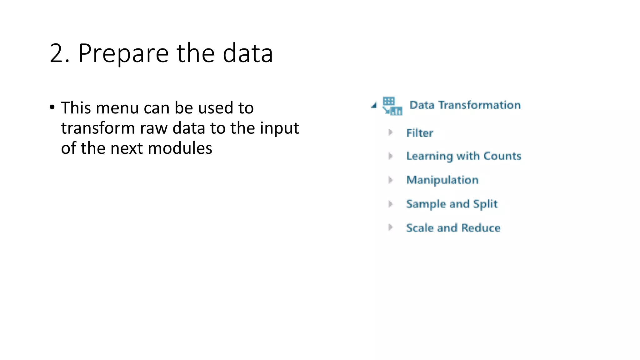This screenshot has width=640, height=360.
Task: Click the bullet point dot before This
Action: [52, 107]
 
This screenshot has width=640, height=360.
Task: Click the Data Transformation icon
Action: [392, 106]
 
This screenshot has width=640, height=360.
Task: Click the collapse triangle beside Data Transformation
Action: [374, 105]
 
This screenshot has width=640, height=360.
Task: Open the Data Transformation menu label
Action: [465, 105]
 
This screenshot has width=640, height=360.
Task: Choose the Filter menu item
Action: [420, 133]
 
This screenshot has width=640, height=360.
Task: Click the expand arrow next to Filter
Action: [390, 132]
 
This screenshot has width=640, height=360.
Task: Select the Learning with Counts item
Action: [464, 156]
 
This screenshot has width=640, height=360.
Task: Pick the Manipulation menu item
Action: [442, 180]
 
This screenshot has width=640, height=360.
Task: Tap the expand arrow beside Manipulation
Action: [390, 180]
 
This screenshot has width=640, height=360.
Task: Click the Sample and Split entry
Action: [452, 204]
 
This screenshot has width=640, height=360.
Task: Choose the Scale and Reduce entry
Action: [453, 227]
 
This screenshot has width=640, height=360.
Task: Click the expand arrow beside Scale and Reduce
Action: [390, 227]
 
